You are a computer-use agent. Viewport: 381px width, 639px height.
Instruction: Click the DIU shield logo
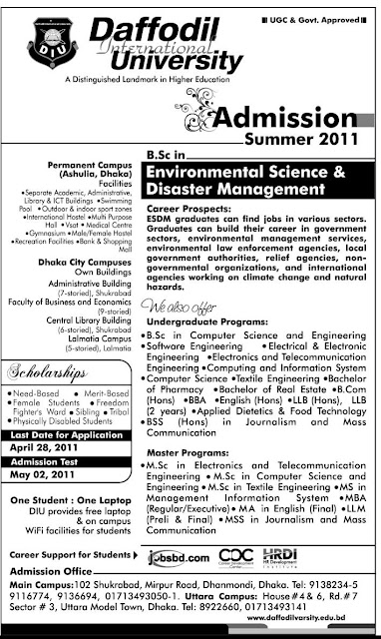(x=34, y=41)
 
